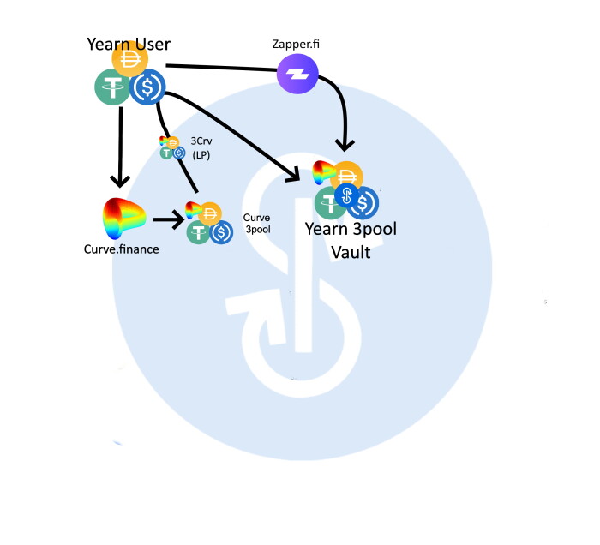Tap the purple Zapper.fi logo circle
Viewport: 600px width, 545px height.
(297, 75)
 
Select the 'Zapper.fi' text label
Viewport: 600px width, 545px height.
(297, 42)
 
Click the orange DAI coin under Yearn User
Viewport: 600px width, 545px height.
(130, 60)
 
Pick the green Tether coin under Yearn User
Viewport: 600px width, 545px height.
(111, 88)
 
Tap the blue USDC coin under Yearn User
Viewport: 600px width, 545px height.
(148, 87)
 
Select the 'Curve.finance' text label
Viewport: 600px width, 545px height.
(121, 249)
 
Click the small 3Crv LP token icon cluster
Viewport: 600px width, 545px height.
(172, 147)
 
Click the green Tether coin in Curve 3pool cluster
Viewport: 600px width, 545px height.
(200, 231)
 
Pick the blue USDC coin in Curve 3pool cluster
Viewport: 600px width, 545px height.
(222, 231)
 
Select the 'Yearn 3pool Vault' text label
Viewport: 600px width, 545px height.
(351, 240)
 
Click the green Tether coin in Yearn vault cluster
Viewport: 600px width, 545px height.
(331, 203)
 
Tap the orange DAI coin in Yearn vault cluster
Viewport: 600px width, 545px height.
(347, 175)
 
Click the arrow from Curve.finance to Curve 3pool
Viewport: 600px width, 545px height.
(168, 220)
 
